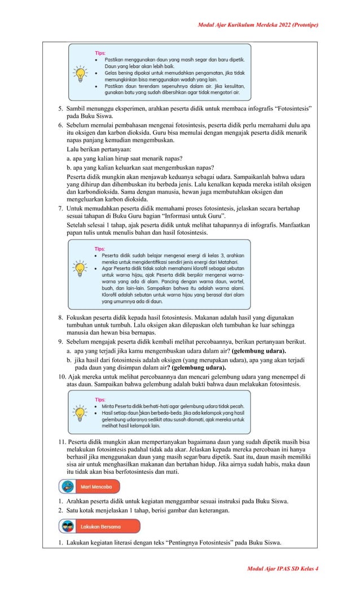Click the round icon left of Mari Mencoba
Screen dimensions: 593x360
(x=68, y=486)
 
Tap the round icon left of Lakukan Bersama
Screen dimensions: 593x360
(x=68, y=527)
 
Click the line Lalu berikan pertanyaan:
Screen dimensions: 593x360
(x=98, y=150)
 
